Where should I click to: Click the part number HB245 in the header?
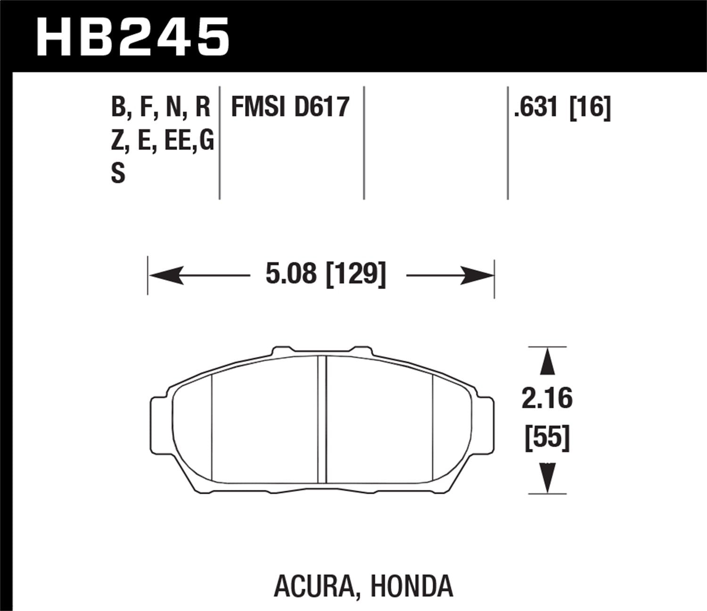(x=132, y=37)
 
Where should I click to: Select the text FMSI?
(x=258, y=107)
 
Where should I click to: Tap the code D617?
(x=322, y=107)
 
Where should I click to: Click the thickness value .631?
(x=536, y=107)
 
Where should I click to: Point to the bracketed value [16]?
(x=590, y=107)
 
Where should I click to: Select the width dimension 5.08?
(x=291, y=274)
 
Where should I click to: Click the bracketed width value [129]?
(x=356, y=274)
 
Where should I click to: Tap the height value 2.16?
(x=547, y=399)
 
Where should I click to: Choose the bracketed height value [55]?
(x=547, y=438)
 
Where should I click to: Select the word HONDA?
(x=411, y=586)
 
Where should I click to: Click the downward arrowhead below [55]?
(x=547, y=478)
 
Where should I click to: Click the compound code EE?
(x=177, y=140)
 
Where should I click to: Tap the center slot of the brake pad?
(x=322, y=420)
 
